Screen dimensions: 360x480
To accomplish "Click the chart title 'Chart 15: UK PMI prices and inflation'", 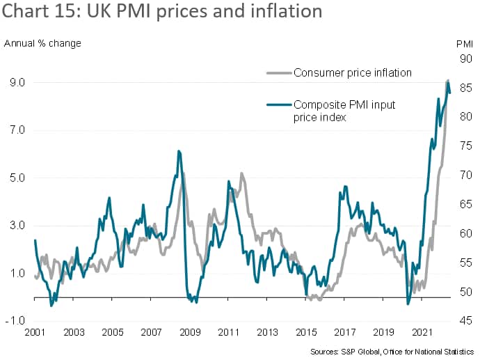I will (x=163, y=12).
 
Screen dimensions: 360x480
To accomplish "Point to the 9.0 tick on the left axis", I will (x=17, y=82).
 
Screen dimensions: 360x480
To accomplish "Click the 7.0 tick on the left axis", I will (x=17, y=130).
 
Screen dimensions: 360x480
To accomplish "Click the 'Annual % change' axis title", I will (x=43, y=43).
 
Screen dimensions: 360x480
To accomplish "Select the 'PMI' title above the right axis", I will (x=465, y=43).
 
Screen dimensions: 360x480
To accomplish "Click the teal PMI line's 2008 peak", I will (x=179, y=150).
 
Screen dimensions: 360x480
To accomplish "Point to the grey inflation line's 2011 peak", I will (x=241, y=173).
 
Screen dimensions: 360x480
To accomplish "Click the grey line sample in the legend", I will (x=278, y=72).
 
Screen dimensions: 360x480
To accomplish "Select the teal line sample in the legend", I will (x=278, y=105).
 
